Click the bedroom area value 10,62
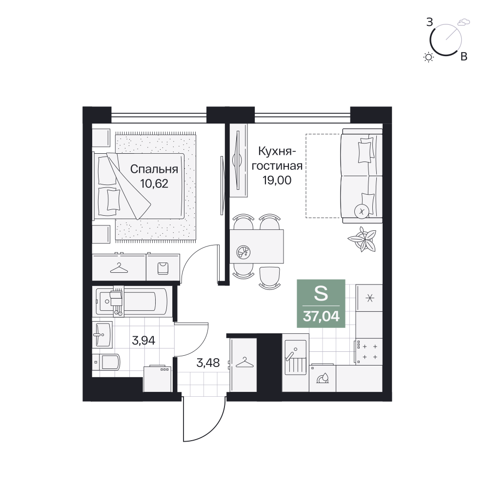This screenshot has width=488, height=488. click(154, 183)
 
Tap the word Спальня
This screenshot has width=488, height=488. click(154, 169)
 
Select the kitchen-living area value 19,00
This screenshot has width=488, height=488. click(277, 180)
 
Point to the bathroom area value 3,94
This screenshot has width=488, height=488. click(143, 341)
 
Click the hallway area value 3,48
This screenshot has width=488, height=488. click(208, 363)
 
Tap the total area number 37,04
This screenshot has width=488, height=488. click(321, 316)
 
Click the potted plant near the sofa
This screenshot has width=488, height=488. click(362, 239)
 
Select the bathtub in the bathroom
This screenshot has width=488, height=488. click(132, 301)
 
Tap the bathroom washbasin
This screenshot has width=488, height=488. click(102, 335)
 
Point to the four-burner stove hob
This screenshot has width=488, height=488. click(368, 351)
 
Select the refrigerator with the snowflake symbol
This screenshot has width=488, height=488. click(369, 298)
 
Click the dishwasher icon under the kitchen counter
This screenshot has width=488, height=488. click(323, 378)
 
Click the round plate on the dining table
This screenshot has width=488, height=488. click(244, 252)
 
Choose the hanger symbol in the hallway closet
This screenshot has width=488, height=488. click(244, 363)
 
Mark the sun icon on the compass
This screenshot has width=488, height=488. click(428, 57)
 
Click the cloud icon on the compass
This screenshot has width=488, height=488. click(464, 22)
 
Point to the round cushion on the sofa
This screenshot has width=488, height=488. click(362, 211)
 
